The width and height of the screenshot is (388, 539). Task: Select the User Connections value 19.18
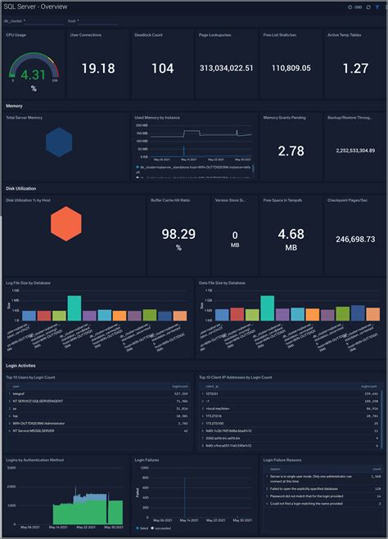coord(97,69)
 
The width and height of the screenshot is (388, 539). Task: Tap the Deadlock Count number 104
coord(162,69)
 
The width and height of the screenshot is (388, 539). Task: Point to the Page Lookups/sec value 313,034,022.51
coord(226,69)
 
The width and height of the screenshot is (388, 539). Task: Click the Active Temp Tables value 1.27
coord(354,69)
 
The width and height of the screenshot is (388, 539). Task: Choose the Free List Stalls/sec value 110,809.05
coord(291,69)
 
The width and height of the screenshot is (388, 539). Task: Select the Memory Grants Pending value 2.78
coord(291,151)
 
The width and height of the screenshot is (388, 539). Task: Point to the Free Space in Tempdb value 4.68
coord(291,234)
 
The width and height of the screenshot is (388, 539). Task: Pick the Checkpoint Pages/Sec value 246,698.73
coord(354,239)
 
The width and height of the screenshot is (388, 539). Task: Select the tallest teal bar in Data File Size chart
coord(266,307)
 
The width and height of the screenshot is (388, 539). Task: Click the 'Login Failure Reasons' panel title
coord(286,460)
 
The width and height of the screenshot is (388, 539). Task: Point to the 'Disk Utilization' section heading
coord(23,188)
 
